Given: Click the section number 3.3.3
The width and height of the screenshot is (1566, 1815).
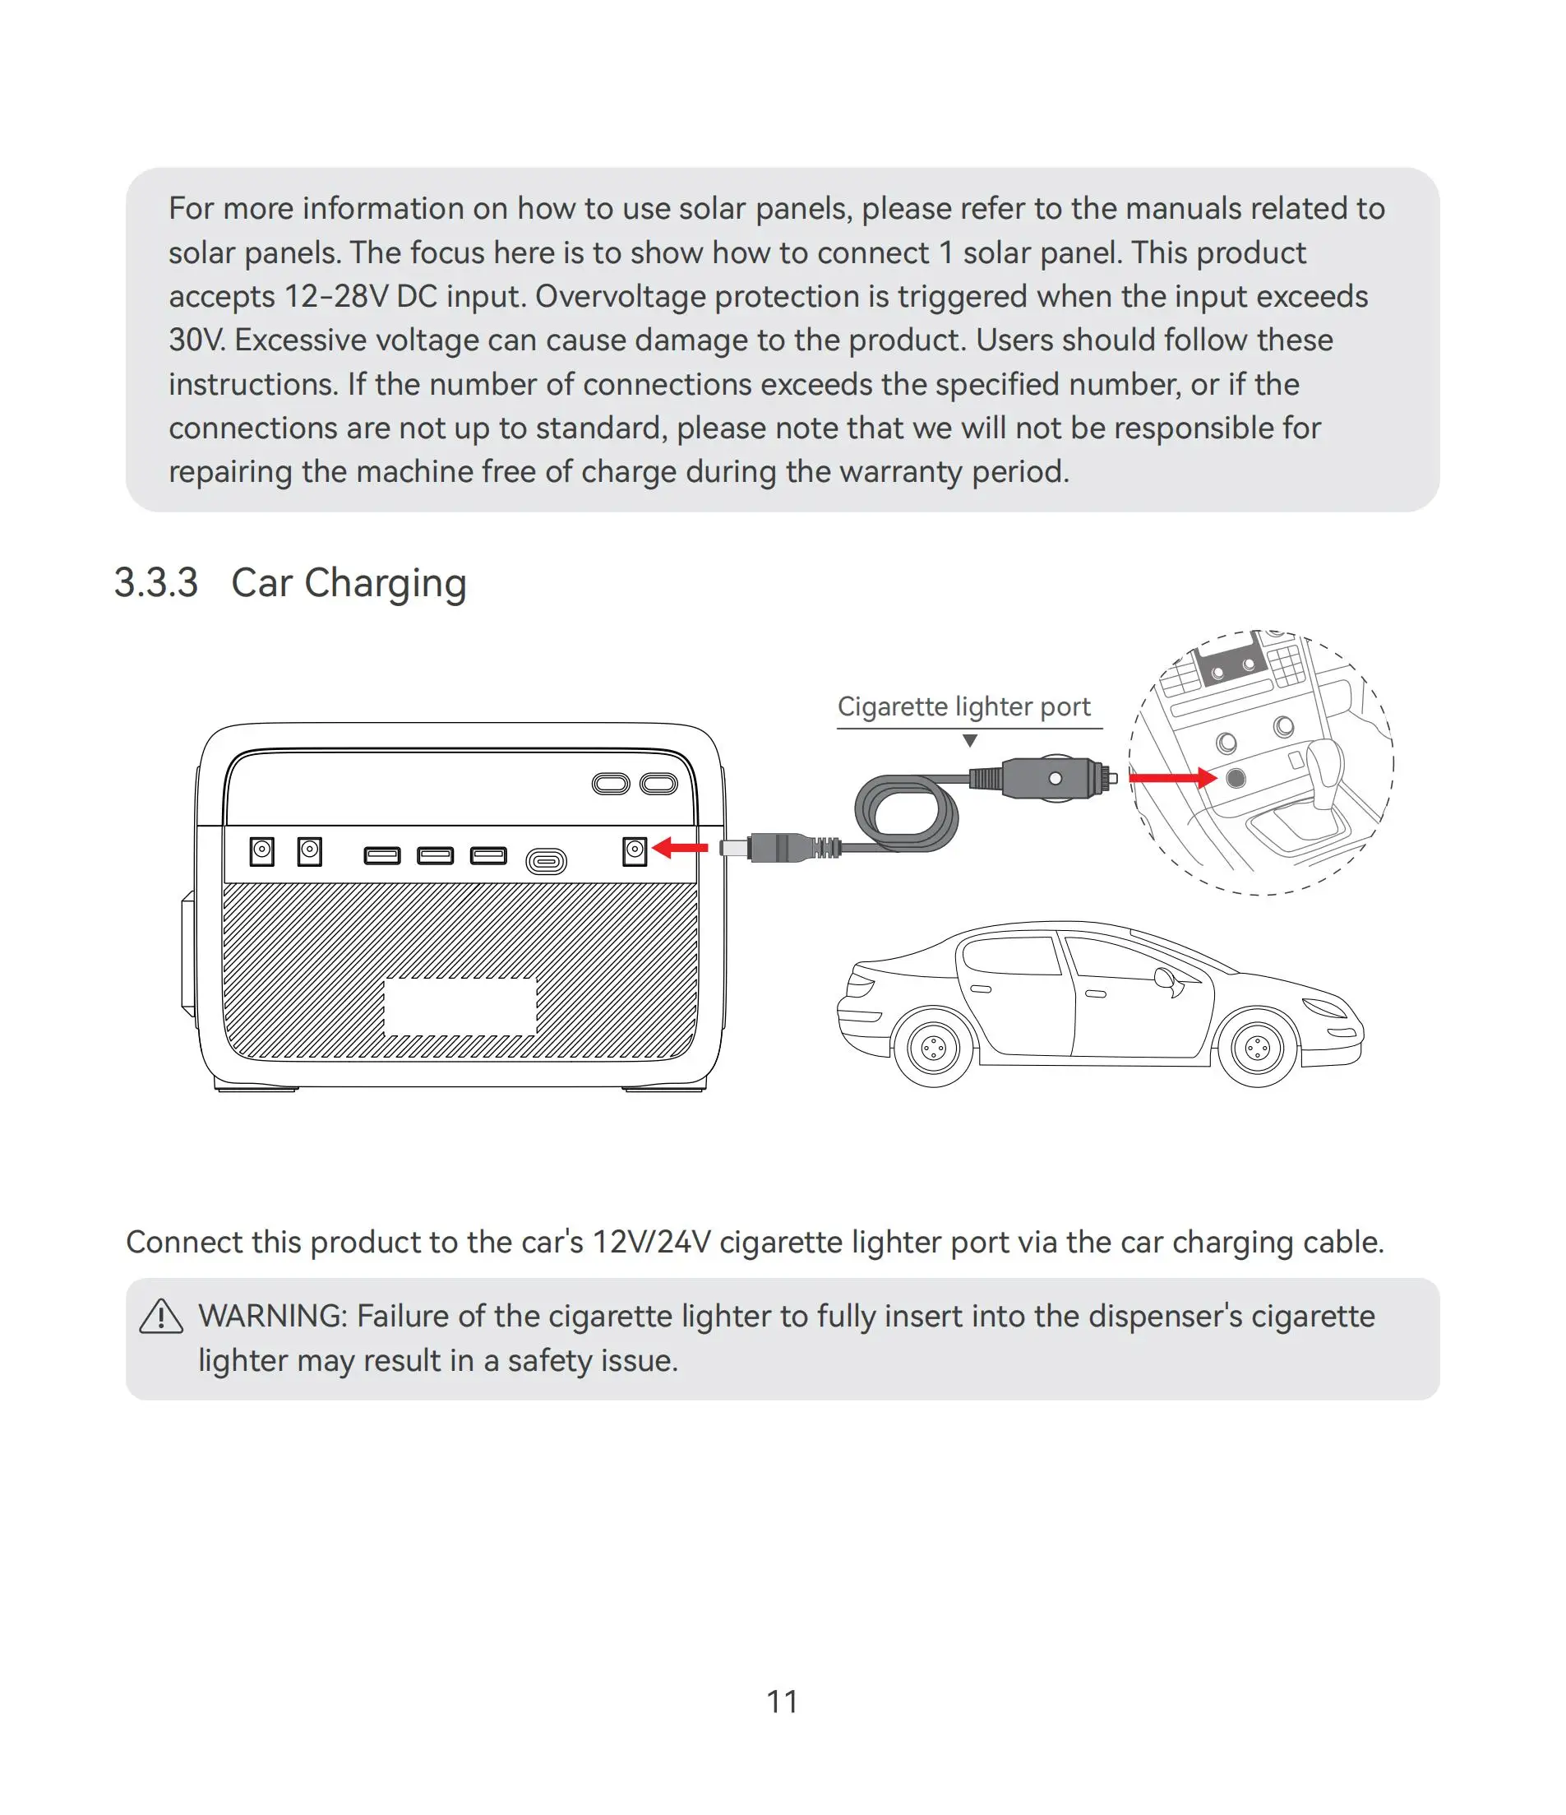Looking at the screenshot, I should (x=156, y=583).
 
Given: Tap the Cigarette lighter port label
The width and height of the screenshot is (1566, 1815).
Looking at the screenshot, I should (x=963, y=707).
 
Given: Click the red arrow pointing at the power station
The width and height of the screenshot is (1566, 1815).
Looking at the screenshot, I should (x=681, y=848).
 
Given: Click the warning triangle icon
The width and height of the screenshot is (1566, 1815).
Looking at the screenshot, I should (x=161, y=1317).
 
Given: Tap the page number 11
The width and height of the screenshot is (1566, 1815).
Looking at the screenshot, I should (x=781, y=1702).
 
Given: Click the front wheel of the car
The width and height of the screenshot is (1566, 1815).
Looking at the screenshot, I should (x=1257, y=1048).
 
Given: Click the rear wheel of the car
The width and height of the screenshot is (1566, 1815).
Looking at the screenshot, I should (x=933, y=1048).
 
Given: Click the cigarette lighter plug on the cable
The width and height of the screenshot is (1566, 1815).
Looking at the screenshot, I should (x=1051, y=778).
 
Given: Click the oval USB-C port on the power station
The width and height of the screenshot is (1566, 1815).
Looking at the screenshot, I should (x=546, y=862).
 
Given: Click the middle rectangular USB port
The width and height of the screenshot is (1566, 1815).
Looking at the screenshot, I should (x=436, y=855).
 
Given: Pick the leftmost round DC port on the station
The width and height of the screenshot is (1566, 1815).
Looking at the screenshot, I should (x=262, y=851).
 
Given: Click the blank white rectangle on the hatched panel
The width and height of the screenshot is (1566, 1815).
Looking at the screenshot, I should (x=460, y=1007).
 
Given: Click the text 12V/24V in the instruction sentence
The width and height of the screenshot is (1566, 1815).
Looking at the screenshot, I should (x=651, y=1242).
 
